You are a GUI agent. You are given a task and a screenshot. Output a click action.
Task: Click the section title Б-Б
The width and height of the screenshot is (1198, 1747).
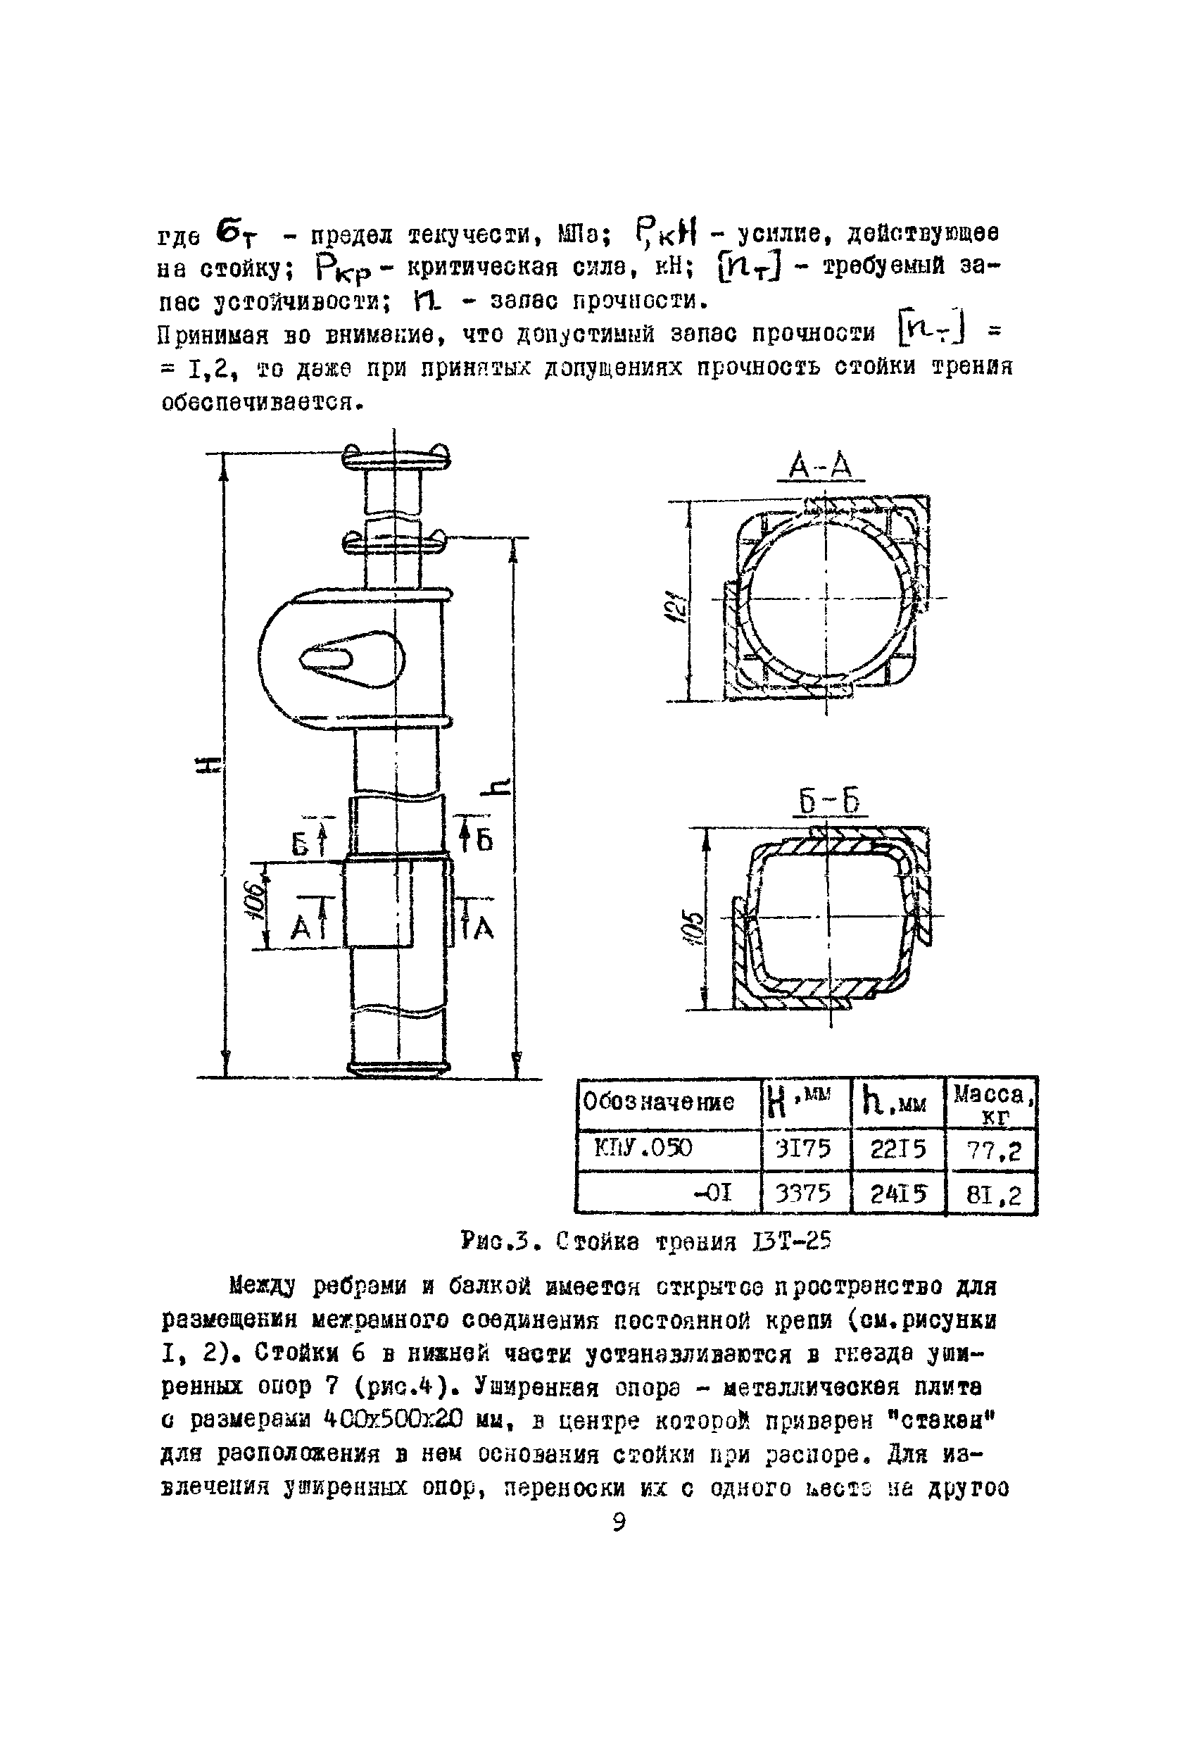click(x=828, y=802)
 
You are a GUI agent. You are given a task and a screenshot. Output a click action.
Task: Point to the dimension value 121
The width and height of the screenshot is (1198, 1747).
click(x=678, y=603)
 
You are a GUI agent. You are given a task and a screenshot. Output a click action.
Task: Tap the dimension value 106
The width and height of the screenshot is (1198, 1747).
click(x=255, y=901)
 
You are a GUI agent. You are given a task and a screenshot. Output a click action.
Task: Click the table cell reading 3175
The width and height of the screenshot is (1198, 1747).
click(x=803, y=1149)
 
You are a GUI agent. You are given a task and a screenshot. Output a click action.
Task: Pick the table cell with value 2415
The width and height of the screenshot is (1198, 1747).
click(x=897, y=1194)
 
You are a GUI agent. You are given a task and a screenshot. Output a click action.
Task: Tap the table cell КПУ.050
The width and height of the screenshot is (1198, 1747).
click(x=643, y=1148)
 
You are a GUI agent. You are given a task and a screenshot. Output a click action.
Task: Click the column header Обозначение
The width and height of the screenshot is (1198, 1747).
click(x=658, y=1103)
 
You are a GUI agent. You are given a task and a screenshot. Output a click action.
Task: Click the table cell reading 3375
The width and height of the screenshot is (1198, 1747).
click(x=803, y=1194)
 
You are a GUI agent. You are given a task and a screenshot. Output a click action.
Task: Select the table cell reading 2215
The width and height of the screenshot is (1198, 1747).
click(x=897, y=1149)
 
